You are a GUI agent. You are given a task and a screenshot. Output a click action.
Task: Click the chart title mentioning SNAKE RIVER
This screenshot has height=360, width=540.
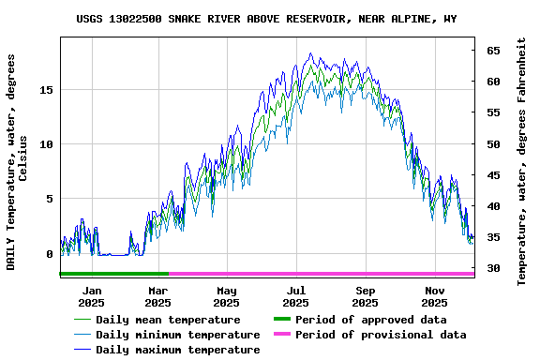click(267, 19)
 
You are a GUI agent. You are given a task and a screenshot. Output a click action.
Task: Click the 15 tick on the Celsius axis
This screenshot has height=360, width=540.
click(47, 90)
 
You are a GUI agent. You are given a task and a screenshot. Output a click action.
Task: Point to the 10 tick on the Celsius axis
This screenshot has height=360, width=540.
click(47, 144)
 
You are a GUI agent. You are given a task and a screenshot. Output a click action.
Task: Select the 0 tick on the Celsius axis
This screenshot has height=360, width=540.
click(51, 254)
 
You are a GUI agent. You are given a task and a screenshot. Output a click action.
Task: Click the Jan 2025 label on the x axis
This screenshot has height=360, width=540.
click(91, 296)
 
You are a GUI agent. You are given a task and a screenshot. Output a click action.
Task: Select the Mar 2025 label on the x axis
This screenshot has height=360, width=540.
click(157, 296)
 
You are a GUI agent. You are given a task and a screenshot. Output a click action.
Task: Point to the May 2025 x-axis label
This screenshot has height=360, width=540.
click(226, 296)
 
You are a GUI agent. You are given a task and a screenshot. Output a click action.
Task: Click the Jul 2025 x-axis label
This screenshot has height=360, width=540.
click(295, 296)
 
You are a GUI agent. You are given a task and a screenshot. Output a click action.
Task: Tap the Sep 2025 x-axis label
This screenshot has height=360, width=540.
click(365, 296)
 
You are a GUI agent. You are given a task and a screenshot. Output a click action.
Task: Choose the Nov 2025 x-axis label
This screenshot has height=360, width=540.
click(434, 296)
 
